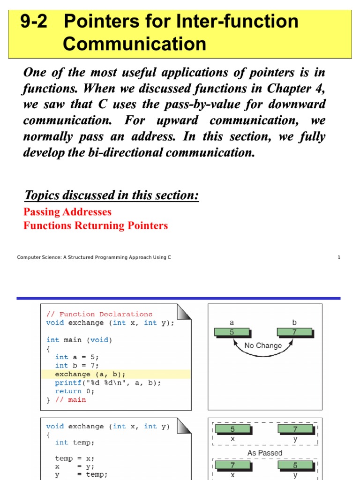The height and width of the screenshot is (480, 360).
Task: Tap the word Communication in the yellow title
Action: [x=134, y=44]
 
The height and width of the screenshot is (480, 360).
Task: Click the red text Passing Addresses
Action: [x=67, y=211]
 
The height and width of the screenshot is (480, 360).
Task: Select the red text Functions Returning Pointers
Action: [x=96, y=225]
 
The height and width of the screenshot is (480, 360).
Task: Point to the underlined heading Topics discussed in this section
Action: [x=112, y=195]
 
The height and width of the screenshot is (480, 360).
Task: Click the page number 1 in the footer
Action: [x=338, y=257]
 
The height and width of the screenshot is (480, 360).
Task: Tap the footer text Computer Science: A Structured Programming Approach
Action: [x=94, y=257]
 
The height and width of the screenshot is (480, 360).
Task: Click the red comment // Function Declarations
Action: [x=99, y=314]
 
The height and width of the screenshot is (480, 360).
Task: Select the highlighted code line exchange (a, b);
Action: [x=90, y=374]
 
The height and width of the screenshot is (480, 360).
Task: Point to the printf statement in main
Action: [x=108, y=382]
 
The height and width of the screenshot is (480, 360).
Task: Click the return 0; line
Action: [x=75, y=391]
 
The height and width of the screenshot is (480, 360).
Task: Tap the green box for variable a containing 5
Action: [x=232, y=332]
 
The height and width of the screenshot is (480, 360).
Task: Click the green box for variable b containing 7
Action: [x=294, y=332]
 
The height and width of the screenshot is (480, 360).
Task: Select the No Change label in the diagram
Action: [x=263, y=345]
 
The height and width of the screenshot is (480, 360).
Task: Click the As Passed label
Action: [x=265, y=453]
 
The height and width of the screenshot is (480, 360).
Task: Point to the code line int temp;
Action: [x=75, y=442]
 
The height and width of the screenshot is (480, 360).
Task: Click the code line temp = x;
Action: [x=75, y=458]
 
